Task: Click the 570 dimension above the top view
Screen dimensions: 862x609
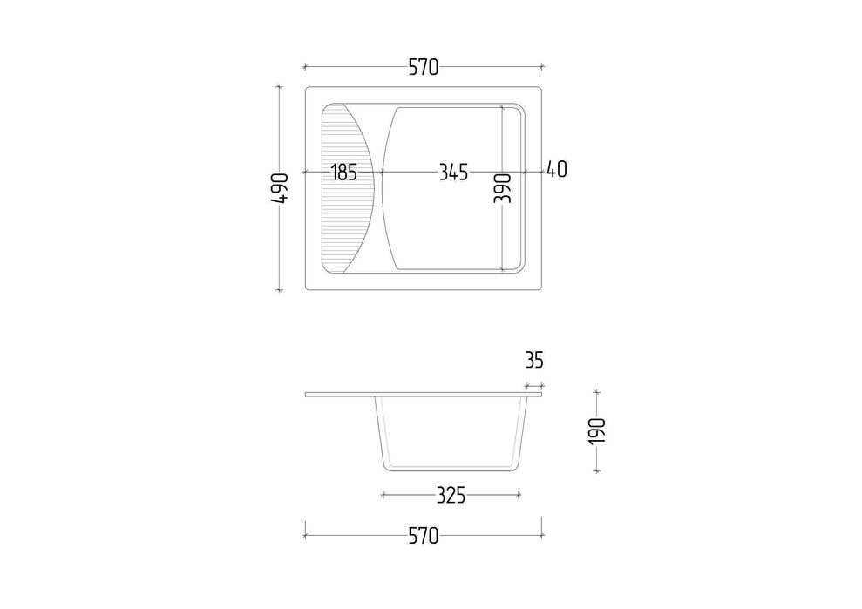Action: [x=424, y=67]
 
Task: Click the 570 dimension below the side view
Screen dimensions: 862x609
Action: [x=424, y=535]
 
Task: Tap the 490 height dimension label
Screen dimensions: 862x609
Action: [x=280, y=188]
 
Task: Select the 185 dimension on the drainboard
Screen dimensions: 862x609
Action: [x=344, y=173]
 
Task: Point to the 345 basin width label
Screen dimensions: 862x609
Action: [x=453, y=173]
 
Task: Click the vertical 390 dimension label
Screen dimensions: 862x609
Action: [x=502, y=188]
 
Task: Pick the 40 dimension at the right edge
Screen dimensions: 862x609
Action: [x=557, y=169]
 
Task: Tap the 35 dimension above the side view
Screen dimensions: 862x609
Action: [x=534, y=360]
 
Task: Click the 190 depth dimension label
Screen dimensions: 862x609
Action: [x=597, y=431]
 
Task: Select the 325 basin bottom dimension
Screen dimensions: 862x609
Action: [x=451, y=495]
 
